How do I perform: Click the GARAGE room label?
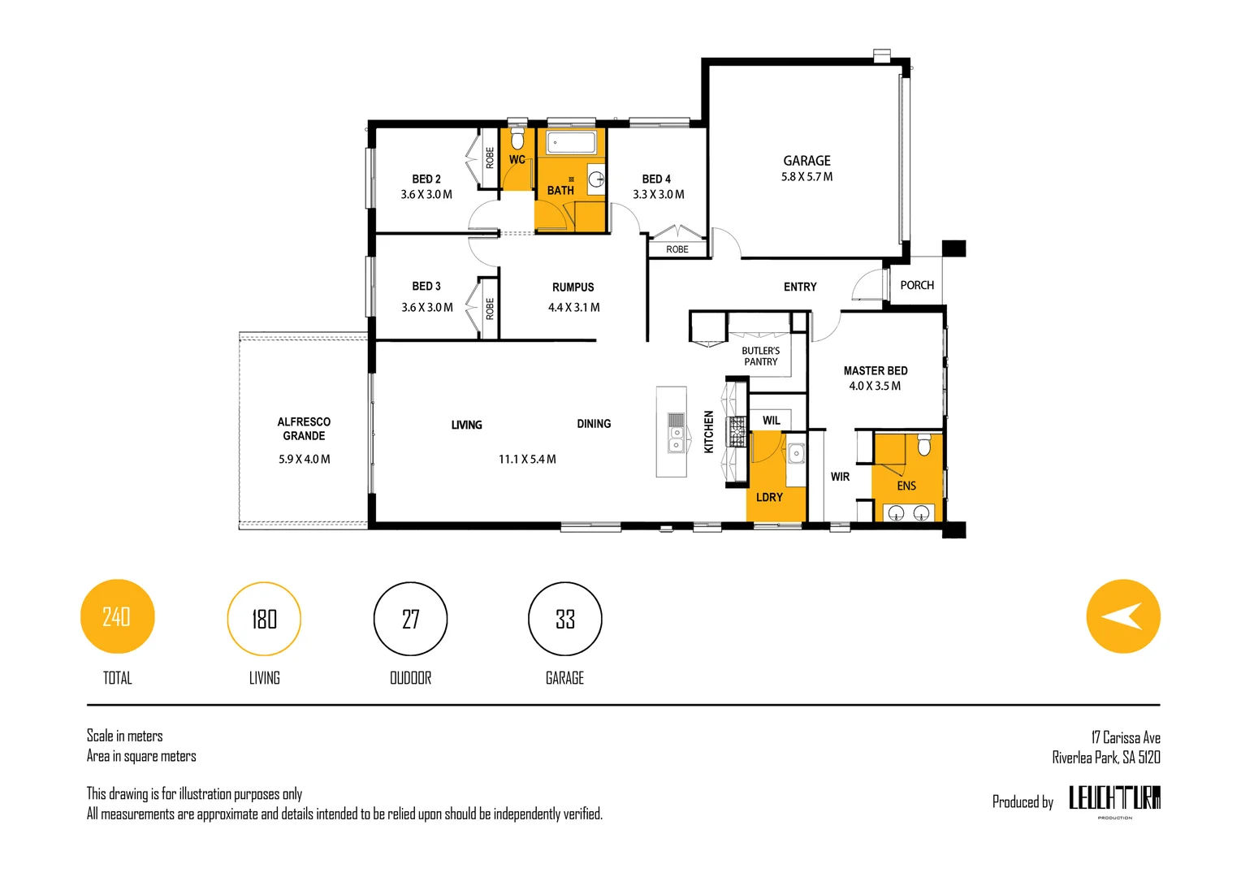806,161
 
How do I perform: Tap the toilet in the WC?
517,140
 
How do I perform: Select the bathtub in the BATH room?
571,142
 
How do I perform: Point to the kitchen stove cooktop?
738,431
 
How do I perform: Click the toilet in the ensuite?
924,445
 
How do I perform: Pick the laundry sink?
796,454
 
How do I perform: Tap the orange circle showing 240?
118,616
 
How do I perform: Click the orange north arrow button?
1123,616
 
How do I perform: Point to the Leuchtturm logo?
1114,798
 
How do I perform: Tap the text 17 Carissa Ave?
1126,737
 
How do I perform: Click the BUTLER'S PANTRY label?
761,356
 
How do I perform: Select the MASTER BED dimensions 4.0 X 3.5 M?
876,386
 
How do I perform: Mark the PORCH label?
917,285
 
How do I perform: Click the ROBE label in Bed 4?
677,249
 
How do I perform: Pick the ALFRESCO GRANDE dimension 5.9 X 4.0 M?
304,459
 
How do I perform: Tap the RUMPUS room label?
573,287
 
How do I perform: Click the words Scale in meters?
124,736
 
